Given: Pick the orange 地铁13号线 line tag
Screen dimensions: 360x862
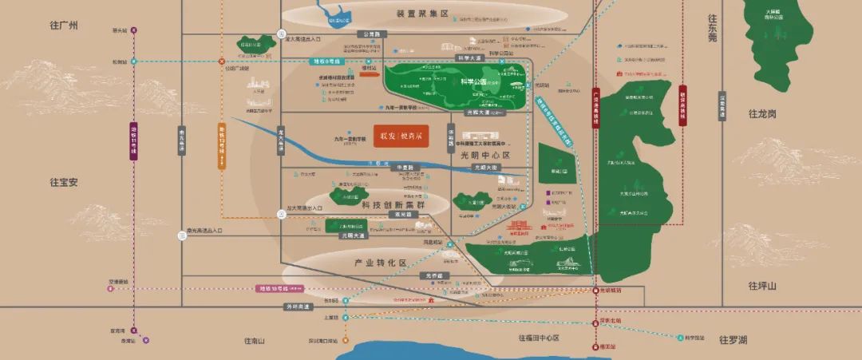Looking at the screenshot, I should point(222,144).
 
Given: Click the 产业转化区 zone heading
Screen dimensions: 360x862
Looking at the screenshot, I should point(381,262).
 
